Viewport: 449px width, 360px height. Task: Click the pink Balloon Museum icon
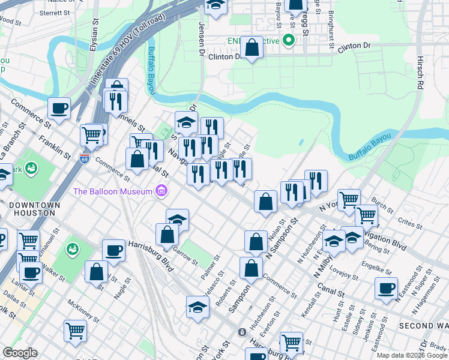(160, 191)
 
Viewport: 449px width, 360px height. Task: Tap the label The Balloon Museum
(112, 191)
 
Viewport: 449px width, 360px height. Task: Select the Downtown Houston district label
(34, 209)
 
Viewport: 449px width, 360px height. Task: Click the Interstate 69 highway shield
(84, 159)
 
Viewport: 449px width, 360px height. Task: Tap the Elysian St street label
(95, 37)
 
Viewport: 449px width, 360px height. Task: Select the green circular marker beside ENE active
(289, 41)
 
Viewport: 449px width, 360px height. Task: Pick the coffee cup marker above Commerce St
(59, 108)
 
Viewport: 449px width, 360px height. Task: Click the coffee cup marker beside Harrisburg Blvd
(113, 250)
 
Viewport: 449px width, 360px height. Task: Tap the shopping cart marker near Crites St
(366, 215)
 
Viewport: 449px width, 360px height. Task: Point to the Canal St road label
(331, 291)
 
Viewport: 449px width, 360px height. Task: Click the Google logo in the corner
(20, 353)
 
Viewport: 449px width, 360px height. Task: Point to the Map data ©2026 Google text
(412, 355)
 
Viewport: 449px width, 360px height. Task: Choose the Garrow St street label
(183, 256)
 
